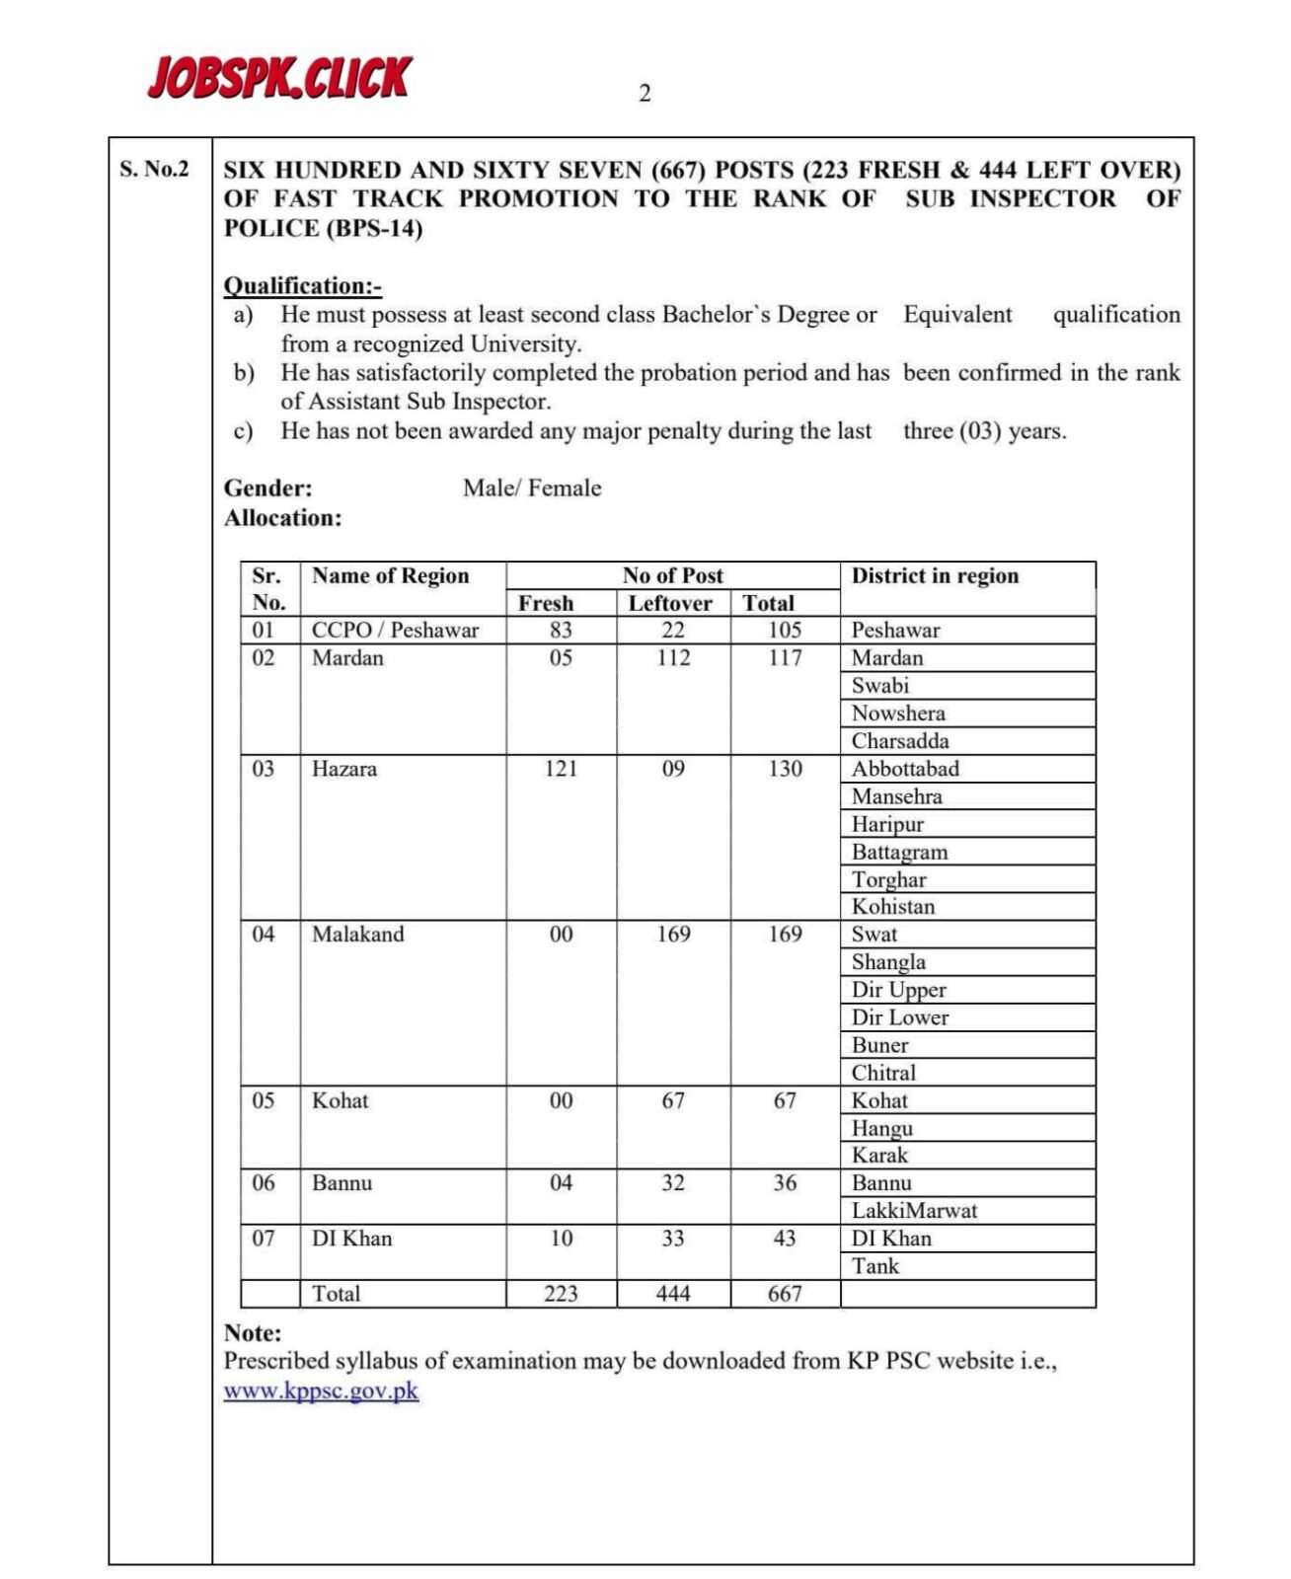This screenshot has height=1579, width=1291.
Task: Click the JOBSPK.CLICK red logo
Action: coord(279,78)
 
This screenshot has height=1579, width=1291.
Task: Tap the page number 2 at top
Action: coord(645,94)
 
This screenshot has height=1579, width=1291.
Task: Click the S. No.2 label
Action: coord(154,169)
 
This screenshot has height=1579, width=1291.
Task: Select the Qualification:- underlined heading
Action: coord(302,286)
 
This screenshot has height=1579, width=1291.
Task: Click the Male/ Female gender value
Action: coord(532,488)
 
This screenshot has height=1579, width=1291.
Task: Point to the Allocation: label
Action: coord(282,518)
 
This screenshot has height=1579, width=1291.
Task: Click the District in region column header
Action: coord(935,575)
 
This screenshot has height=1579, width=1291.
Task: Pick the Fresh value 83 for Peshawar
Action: coord(561,630)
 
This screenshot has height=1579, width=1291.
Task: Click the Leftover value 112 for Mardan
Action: coord(673,657)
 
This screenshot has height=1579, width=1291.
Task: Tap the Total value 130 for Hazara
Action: coord(785,769)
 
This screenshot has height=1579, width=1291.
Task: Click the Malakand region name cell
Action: coord(358,934)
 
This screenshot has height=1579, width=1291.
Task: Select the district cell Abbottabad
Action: coord(905,769)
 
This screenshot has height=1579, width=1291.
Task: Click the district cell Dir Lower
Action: coord(899,1017)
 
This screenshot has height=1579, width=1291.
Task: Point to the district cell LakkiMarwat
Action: coord(914,1211)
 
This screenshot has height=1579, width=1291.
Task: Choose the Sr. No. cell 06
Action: coord(264,1182)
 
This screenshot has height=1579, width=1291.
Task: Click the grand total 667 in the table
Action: coord(785,1294)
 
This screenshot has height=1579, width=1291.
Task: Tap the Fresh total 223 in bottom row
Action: coord(561,1294)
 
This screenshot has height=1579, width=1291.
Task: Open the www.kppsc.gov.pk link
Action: coord(321,1391)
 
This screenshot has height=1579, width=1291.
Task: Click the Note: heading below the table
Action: coord(253,1333)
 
